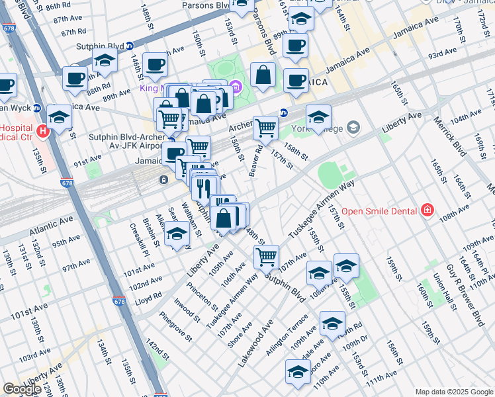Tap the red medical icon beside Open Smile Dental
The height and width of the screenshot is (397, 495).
427,210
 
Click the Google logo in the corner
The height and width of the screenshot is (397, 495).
22,389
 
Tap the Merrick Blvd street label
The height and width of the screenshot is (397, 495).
456,136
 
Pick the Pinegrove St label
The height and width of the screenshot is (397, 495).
175,327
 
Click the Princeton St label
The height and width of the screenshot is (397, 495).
202,294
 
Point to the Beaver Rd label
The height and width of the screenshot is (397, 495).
255,161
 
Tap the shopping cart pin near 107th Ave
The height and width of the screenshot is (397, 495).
266,257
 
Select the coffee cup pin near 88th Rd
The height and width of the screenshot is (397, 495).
75,77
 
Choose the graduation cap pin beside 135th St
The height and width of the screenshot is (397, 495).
59,117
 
